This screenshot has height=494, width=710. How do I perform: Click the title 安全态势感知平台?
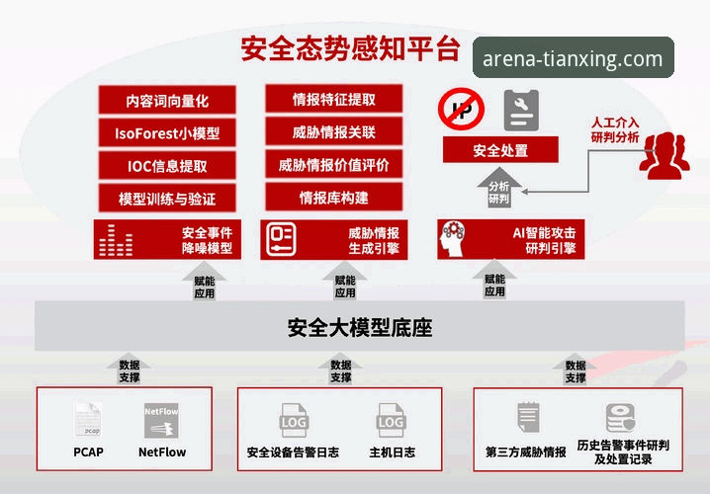point(350,48)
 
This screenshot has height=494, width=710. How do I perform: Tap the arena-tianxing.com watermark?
point(574,58)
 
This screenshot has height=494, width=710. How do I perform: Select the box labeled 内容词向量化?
point(167,100)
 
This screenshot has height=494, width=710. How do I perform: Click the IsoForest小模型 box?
point(167,133)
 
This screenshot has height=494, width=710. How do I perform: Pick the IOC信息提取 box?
point(167,166)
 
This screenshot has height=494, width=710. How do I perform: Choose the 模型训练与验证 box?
point(167,199)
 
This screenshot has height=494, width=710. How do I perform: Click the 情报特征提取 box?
point(333,99)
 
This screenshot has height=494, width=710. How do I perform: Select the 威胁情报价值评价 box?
point(333,164)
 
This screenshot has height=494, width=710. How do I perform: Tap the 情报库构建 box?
point(333,197)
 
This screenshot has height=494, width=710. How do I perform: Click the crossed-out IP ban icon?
point(461,109)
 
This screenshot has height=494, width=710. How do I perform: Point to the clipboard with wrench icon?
point(521,111)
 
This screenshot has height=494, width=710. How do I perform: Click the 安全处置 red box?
point(500,150)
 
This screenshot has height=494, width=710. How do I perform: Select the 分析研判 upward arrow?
point(499,188)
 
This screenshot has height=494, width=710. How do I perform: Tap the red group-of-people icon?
point(665,156)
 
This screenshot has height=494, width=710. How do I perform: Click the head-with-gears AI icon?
point(453,239)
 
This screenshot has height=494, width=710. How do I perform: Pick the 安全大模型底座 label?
point(360,328)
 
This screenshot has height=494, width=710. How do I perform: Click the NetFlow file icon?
point(161,421)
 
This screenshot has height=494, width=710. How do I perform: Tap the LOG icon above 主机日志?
point(391,421)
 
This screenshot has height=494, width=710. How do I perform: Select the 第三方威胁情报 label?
point(525,452)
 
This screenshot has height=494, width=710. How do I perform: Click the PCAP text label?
point(88,452)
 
